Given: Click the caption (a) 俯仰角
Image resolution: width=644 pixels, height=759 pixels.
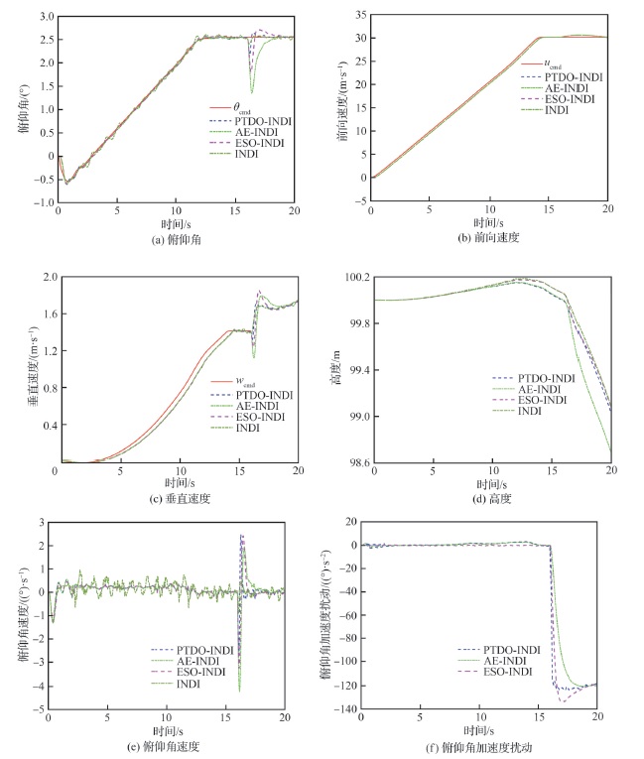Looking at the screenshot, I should point(177,238).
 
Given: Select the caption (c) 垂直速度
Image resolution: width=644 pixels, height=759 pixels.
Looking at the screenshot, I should point(177,498).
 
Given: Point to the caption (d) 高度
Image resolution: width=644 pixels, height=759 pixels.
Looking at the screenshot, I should point(492,498).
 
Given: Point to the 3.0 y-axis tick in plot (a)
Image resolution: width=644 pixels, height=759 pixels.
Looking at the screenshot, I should point(43,18).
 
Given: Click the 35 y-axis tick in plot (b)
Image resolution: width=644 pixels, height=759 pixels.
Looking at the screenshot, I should point(358,17).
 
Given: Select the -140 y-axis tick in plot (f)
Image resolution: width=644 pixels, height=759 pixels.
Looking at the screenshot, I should point(344,708).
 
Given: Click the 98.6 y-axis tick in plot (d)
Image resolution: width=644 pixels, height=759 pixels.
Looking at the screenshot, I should point(354,463).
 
